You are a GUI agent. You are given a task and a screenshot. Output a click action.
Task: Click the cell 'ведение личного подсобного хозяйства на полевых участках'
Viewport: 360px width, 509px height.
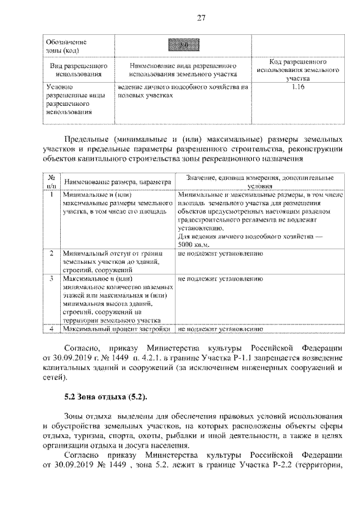(182, 92)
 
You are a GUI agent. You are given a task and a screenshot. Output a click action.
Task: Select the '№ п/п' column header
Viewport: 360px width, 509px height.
(51, 181)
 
